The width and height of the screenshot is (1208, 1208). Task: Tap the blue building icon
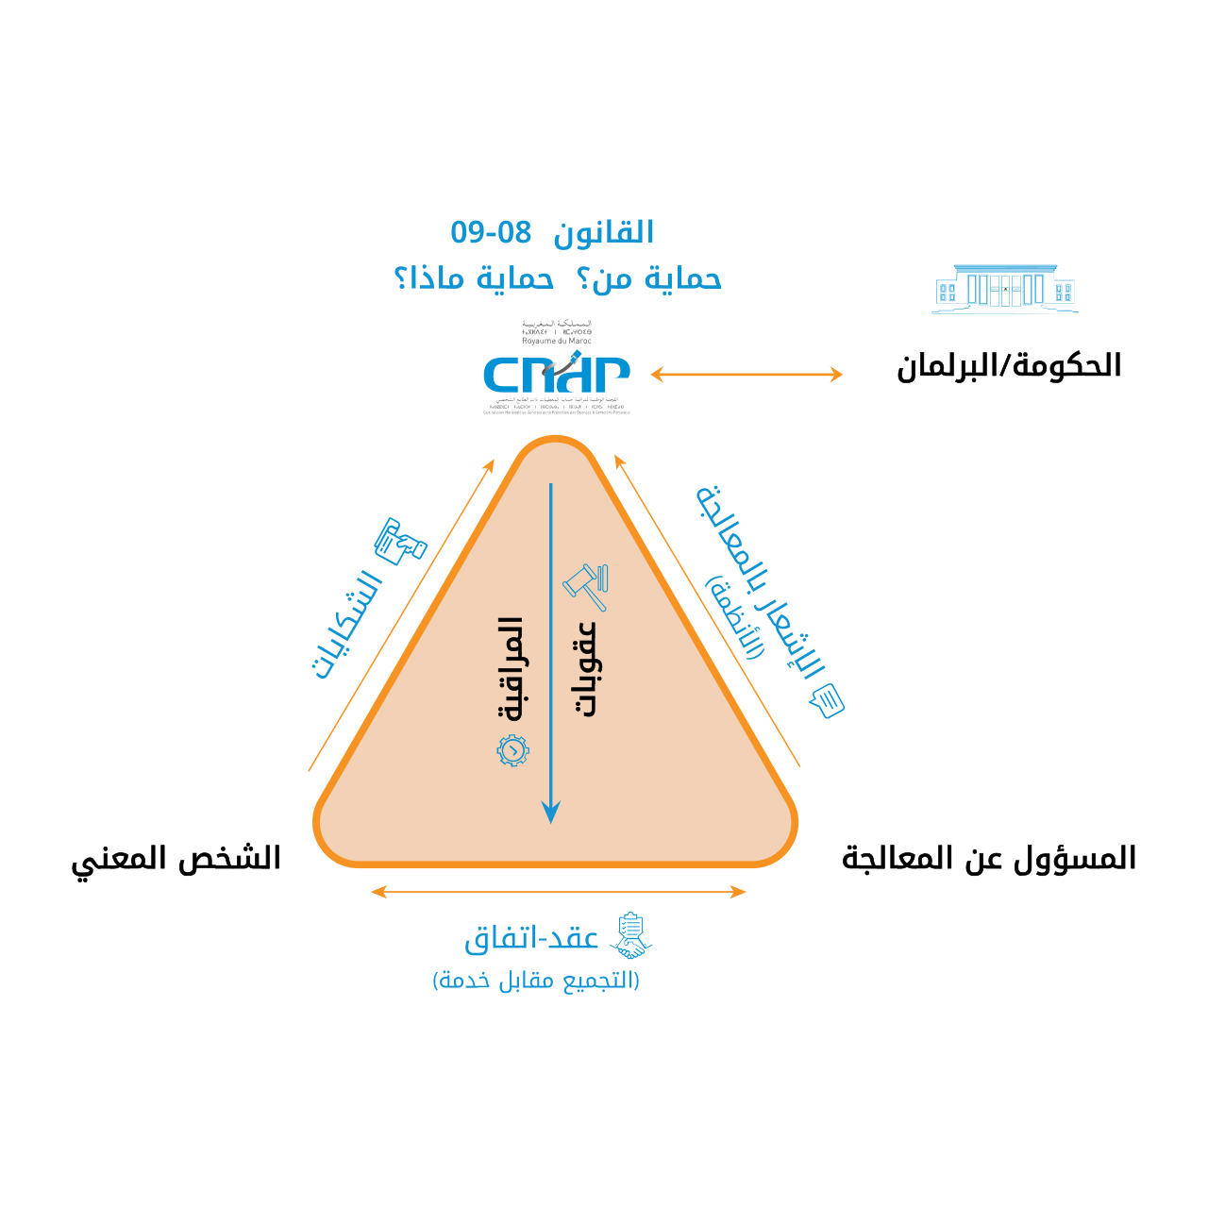(x=1005, y=289)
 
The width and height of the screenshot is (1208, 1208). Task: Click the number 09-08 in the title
(x=491, y=232)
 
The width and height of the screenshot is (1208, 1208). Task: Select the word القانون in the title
(x=604, y=233)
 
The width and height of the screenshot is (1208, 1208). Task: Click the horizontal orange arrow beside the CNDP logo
(x=747, y=375)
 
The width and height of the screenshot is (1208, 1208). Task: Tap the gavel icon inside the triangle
(x=586, y=586)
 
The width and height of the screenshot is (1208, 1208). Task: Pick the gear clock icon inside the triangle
(x=512, y=750)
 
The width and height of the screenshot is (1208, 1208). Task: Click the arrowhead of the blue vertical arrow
(x=551, y=812)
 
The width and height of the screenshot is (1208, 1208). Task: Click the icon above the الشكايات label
(x=400, y=541)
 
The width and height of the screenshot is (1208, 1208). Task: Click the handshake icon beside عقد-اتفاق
(x=631, y=935)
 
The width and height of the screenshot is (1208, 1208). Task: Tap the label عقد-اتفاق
(x=532, y=939)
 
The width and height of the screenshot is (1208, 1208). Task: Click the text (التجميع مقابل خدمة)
(x=536, y=981)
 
